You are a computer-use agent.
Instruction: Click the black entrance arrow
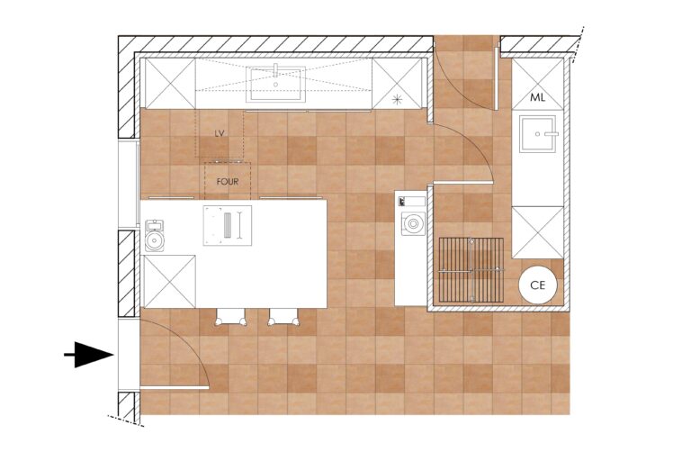(x=89, y=355)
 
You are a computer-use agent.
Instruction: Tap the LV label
(x=220, y=133)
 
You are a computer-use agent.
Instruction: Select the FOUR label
(x=228, y=181)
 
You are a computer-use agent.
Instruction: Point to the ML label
(x=537, y=97)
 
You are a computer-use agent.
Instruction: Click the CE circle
(x=538, y=285)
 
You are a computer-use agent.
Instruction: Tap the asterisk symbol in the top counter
(x=397, y=99)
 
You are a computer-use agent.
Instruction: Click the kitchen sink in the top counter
(x=276, y=84)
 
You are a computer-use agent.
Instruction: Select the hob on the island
(x=228, y=225)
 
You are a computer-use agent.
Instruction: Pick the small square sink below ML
(x=538, y=133)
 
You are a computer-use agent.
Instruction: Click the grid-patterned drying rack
(x=471, y=270)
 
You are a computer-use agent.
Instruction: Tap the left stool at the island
(x=230, y=317)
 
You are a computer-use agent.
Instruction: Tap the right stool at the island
(x=283, y=317)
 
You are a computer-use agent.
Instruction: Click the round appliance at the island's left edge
(x=154, y=236)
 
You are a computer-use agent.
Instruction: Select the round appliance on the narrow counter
(x=413, y=223)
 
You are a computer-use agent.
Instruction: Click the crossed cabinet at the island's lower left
(x=170, y=282)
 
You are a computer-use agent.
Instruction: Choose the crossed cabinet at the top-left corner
(x=170, y=84)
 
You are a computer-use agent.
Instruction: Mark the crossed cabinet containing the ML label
(x=538, y=84)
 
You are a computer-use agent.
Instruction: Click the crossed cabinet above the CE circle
(x=538, y=232)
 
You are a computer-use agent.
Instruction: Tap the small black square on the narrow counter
(x=402, y=202)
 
